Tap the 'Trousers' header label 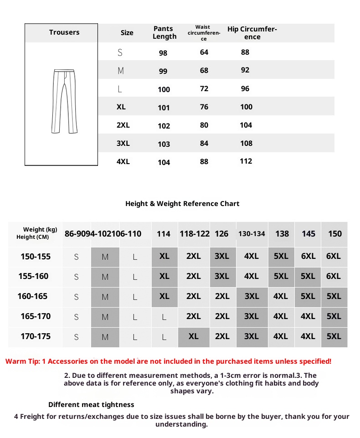click(x=64, y=32)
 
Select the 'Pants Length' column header click(x=164, y=33)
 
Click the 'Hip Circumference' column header click(x=252, y=33)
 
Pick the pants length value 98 click(x=163, y=53)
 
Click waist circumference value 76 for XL click(x=204, y=107)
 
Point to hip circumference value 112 click(x=246, y=161)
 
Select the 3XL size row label click(x=123, y=143)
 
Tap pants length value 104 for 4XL click(x=164, y=162)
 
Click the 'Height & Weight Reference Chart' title click(x=182, y=204)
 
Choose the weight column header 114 click(x=164, y=234)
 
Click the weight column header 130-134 click(x=252, y=234)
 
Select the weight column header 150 click(x=335, y=234)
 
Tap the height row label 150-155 click(x=36, y=257)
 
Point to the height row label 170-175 click(x=36, y=336)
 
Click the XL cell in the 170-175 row click(x=194, y=336)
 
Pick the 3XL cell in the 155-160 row click(x=222, y=276)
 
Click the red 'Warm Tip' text click(x=168, y=361)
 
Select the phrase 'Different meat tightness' click(x=91, y=405)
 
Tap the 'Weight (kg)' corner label click(x=40, y=230)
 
